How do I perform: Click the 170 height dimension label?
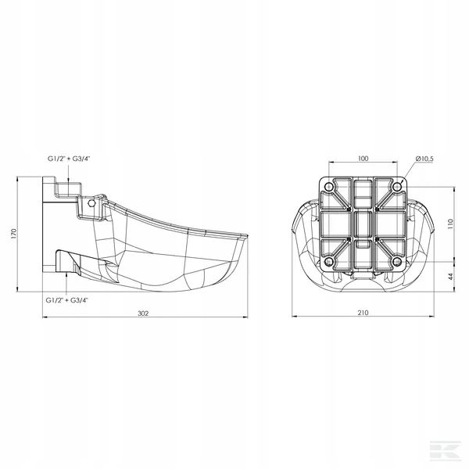pyautogui.click(x=13, y=233)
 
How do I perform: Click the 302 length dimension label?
pyautogui.click(x=143, y=313)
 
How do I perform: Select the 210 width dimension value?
pyautogui.click(x=363, y=313)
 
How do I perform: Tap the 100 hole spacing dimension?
pyautogui.click(x=363, y=159)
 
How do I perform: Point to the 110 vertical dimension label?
pyautogui.click(x=451, y=224)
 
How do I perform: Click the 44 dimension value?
pyautogui.click(x=451, y=277)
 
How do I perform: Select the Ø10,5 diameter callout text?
pyautogui.click(x=424, y=159)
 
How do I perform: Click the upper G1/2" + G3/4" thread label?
pyautogui.click(x=69, y=159)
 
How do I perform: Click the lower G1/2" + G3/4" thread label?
pyautogui.click(x=67, y=300)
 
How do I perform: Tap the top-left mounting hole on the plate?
pyautogui.click(x=329, y=188)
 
